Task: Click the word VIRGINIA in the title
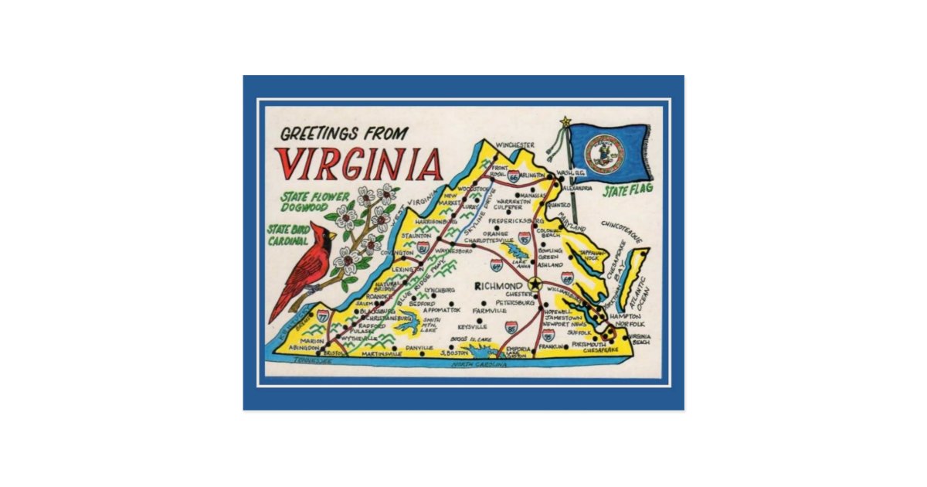(358, 163)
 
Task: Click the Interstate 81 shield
(423, 248)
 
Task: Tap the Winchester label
(515, 145)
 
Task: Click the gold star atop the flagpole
(565, 121)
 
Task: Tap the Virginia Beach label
(639, 339)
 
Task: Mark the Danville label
(419, 349)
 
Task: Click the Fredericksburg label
(517, 220)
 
